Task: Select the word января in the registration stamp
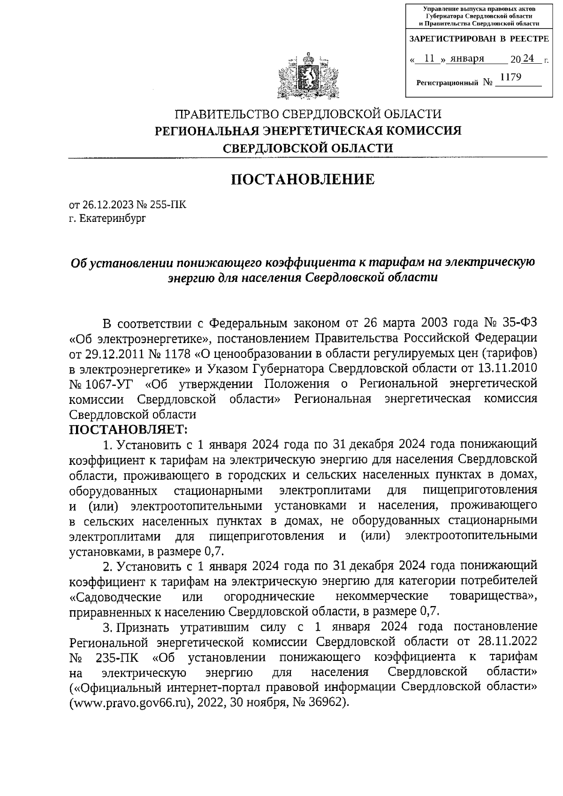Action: tap(467, 59)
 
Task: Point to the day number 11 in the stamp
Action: tap(428, 59)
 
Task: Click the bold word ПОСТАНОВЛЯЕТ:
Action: tap(128, 429)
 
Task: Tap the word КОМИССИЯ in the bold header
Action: tap(421, 131)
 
